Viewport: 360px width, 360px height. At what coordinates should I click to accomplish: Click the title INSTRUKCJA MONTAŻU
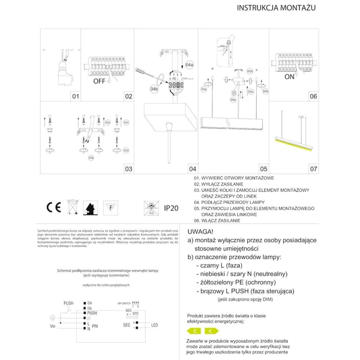pos(277,9)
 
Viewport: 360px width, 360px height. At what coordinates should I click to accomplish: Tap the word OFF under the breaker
pos(100,80)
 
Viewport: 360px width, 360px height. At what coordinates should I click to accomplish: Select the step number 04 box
pos(193,170)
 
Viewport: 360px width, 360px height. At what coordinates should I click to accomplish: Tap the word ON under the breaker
pos(290,77)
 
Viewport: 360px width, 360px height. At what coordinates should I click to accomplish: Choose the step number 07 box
pos(313,170)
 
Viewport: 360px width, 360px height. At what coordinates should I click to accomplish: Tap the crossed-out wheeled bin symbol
pos(72,208)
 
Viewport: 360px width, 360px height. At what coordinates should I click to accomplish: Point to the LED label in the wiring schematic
pos(154,325)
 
